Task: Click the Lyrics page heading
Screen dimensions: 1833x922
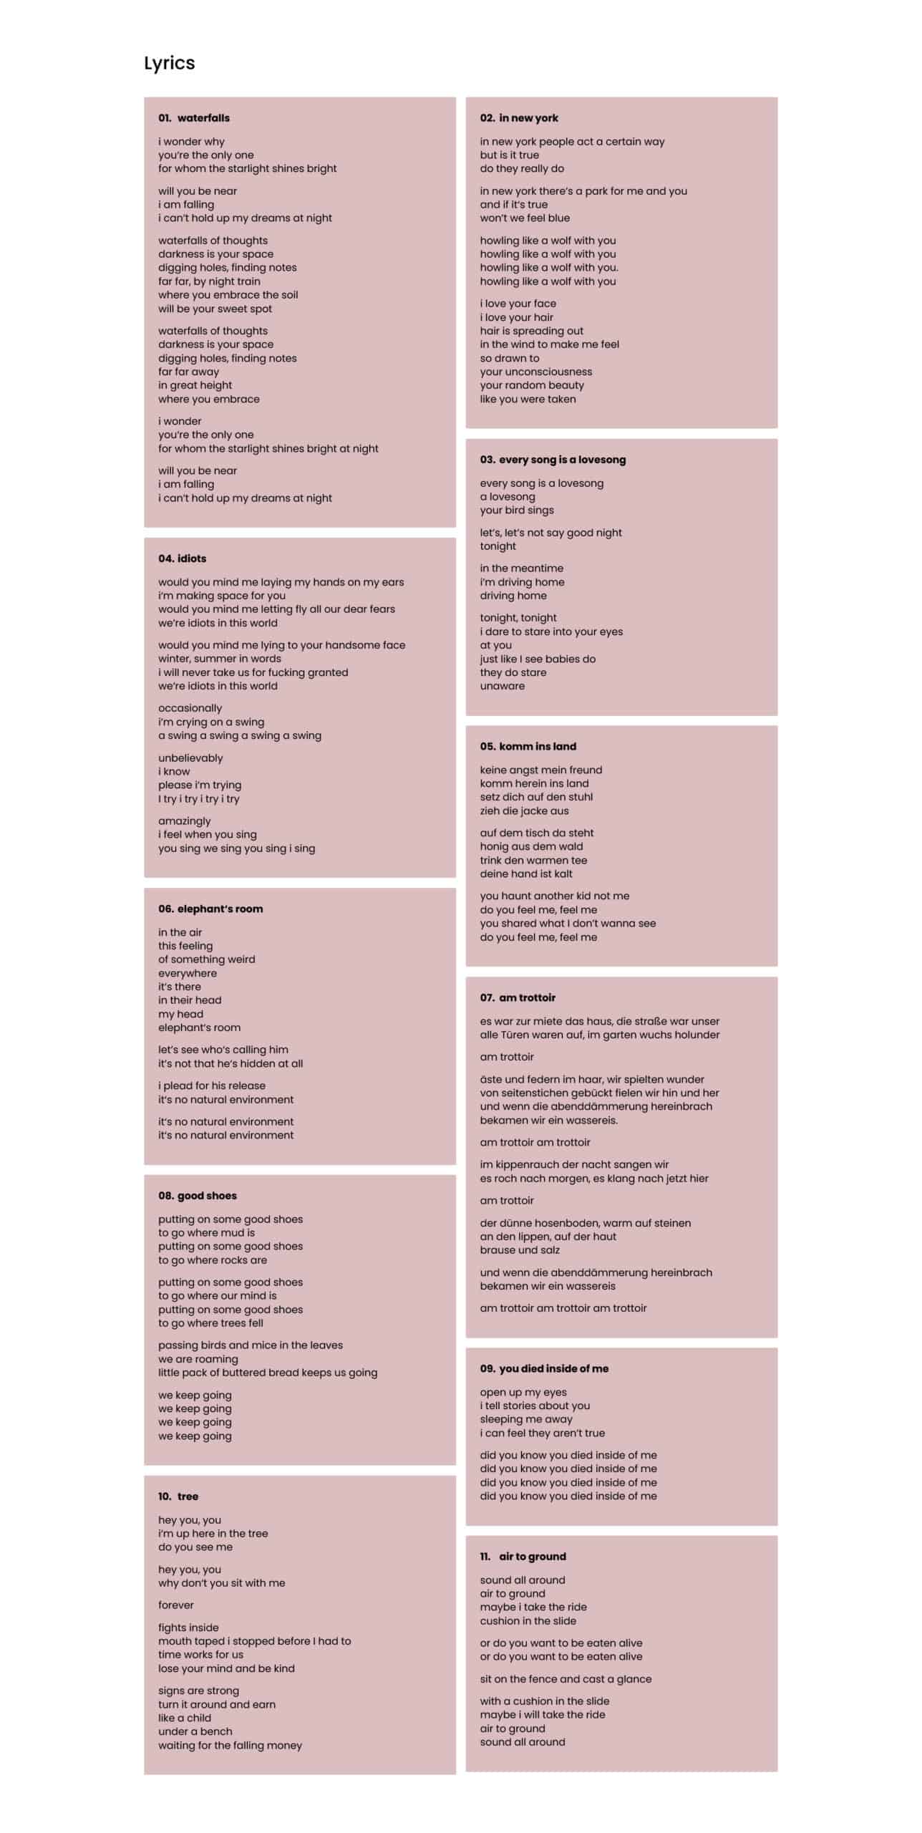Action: coord(169,63)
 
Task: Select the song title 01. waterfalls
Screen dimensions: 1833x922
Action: coord(194,118)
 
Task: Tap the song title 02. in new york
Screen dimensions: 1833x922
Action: coord(519,118)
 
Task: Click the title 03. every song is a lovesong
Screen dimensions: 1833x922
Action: coord(553,460)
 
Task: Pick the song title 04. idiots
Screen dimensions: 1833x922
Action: coord(182,558)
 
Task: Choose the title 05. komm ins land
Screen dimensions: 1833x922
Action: coord(528,746)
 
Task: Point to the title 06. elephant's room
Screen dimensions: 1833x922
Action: coord(210,909)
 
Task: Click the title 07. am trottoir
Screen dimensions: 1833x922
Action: coord(518,997)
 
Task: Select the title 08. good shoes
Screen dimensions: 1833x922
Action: coord(198,1195)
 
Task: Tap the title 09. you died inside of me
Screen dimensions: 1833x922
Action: coord(544,1368)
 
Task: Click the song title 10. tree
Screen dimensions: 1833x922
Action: coord(178,1496)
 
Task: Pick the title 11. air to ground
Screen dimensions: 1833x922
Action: coord(523,1556)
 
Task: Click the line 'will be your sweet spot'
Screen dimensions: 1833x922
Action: coord(215,309)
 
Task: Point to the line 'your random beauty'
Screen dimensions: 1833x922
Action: coord(532,385)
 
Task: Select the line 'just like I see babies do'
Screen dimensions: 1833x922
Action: coord(538,659)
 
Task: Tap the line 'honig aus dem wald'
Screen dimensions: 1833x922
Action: coord(531,846)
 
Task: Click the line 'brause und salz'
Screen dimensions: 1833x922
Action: coord(520,1249)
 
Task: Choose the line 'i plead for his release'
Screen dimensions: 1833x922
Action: coord(212,1085)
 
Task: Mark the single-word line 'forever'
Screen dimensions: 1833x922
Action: coord(176,1605)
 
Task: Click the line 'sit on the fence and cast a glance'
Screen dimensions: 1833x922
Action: coord(566,1678)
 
